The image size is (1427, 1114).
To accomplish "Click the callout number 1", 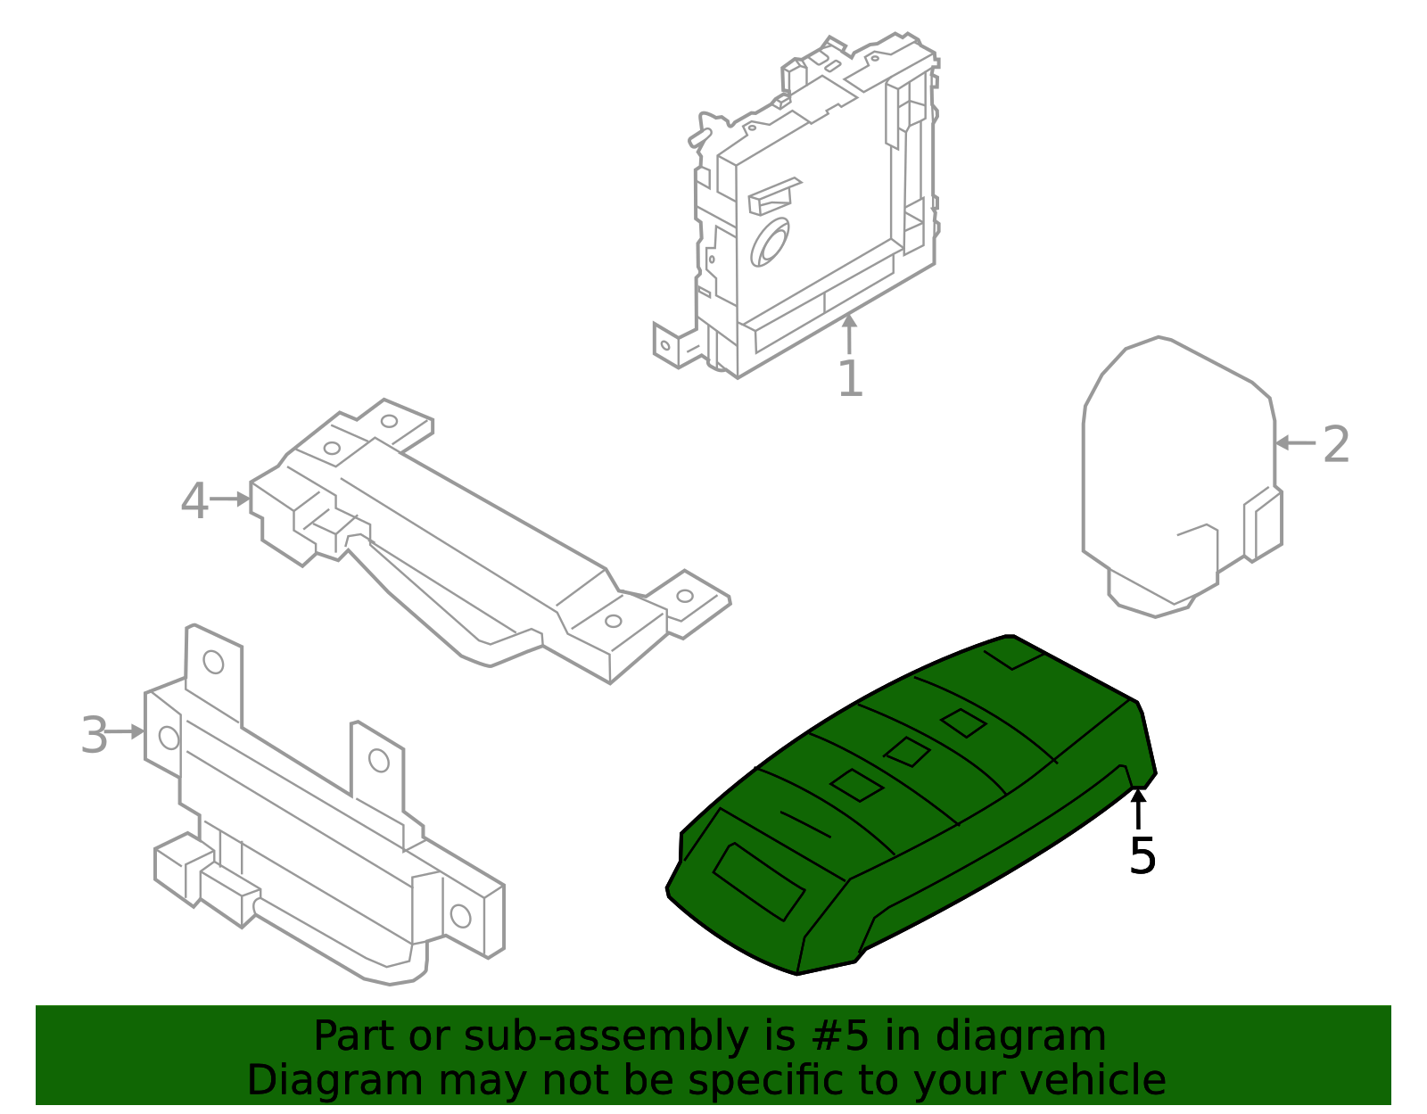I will (x=850, y=380).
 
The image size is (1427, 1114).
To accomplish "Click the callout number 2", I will (x=1335, y=444).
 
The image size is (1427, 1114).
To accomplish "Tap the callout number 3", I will (x=94, y=735).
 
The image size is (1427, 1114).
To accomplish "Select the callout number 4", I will (x=194, y=501).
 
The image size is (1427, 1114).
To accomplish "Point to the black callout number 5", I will (x=1142, y=856).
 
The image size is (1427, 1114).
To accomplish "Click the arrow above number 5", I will (x=1138, y=808).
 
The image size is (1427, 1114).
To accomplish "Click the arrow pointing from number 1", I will (x=849, y=334).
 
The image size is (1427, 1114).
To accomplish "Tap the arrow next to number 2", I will (x=1294, y=442).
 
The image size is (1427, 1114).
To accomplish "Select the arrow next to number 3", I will (x=126, y=731).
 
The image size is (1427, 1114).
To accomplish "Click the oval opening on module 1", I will (x=769, y=243).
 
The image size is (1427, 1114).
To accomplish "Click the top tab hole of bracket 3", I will (x=213, y=662).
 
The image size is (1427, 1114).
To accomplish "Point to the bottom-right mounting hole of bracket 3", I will (x=460, y=915).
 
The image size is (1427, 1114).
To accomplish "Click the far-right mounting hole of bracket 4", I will (x=685, y=596).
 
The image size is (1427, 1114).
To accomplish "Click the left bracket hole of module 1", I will (x=665, y=345).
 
